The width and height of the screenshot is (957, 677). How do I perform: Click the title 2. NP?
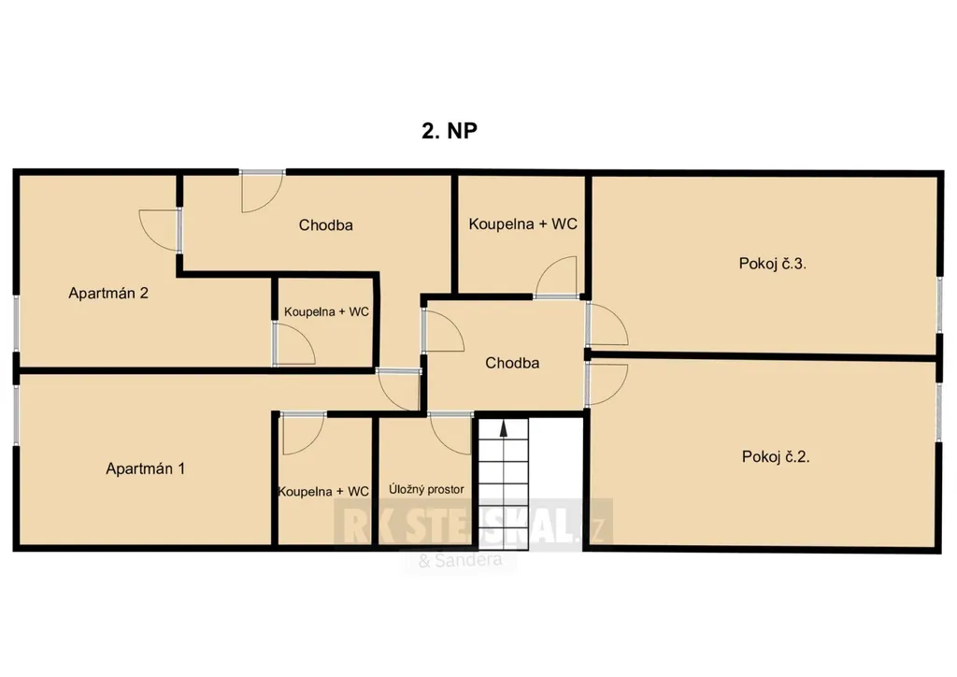(x=450, y=131)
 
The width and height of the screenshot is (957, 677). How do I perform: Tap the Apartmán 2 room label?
(x=108, y=293)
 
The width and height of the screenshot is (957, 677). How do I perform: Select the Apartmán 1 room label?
(x=145, y=468)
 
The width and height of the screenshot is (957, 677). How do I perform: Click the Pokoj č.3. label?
(x=772, y=264)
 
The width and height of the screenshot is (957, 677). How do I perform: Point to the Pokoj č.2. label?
(x=776, y=456)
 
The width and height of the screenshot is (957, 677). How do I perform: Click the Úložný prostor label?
(x=426, y=490)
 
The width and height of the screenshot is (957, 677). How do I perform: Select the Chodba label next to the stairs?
(x=512, y=363)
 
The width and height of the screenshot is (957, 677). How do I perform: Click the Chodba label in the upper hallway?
(x=325, y=225)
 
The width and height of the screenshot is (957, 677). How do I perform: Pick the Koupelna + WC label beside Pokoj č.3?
(x=522, y=224)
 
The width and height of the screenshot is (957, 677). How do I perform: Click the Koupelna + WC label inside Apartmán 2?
(x=326, y=312)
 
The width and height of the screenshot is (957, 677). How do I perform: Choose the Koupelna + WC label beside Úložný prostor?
(x=323, y=492)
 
